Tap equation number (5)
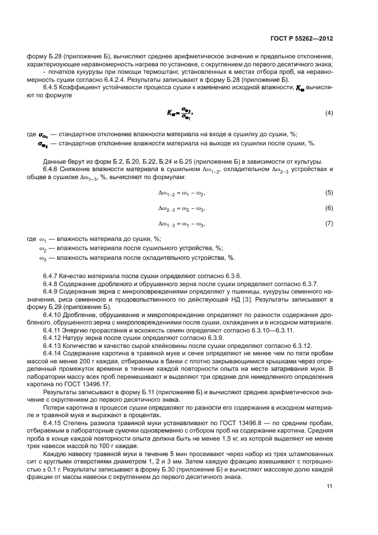pyautogui.click(x=329, y=193)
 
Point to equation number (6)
pyautogui.click(x=329, y=208)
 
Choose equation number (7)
pyautogui.click(x=329, y=223)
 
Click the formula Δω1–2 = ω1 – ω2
pyautogui.click(x=181, y=193)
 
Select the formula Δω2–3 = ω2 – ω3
pyautogui.click(x=181, y=208)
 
